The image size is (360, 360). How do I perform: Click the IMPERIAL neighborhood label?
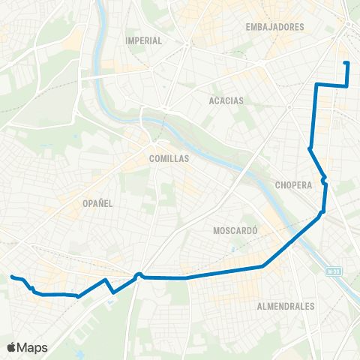(145, 40)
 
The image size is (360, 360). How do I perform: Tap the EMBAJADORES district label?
(274, 27)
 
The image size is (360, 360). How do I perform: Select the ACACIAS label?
(229, 99)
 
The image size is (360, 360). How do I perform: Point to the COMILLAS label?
(169, 159)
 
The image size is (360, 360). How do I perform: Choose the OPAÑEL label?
(98, 203)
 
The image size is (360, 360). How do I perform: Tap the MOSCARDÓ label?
(235, 230)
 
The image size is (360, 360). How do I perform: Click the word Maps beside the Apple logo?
(33, 347)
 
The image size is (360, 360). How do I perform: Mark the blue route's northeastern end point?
(346, 62)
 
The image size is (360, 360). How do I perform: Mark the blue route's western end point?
(11, 277)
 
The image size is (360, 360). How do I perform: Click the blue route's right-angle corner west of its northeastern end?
(317, 85)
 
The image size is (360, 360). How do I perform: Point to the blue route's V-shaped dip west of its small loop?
(113, 292)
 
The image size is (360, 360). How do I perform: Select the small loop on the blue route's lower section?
(139, 274)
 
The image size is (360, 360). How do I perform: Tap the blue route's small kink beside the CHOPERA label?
(323, 180)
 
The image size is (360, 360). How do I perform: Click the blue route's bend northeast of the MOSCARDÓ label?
(321, 214)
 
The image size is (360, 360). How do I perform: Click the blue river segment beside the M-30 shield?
(342, 278)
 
